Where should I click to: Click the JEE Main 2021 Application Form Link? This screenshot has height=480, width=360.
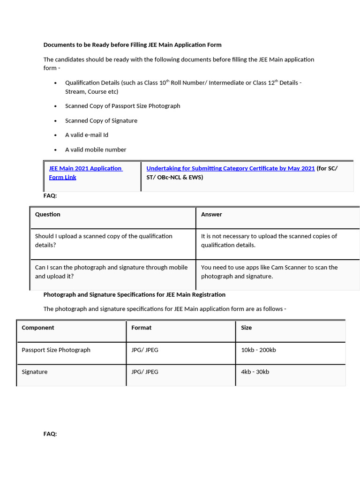coord(85,168)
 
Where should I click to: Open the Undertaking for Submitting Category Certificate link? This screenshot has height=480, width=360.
coord(230,168)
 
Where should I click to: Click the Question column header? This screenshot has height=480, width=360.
coord(48,214)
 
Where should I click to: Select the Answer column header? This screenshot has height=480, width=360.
coord(211,214)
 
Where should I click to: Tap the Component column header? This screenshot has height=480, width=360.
coord(38,328)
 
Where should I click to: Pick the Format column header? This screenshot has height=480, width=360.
coord(141,328)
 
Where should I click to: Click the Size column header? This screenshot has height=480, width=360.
coord(246,328)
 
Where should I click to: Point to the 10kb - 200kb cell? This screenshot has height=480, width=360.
coord(258,350)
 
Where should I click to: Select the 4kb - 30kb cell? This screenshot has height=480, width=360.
coord(255,372)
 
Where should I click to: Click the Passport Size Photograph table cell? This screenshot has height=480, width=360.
coord(56,350)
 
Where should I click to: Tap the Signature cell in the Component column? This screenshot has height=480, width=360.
coord(35,372)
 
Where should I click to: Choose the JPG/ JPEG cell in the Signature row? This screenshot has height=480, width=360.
coord(145,372)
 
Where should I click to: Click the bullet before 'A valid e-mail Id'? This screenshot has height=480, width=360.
coord(55,135)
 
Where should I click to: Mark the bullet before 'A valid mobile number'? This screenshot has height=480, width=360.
coord(55,150)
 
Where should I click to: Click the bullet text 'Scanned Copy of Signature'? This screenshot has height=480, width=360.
coord(101,120)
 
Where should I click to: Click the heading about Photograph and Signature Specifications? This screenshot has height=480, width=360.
coord(134,294)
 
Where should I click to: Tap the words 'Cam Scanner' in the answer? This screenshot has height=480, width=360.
coord(289,267)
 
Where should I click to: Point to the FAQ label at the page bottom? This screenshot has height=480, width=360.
coord(50,434)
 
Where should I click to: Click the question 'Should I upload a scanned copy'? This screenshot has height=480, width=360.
coord(104,236)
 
